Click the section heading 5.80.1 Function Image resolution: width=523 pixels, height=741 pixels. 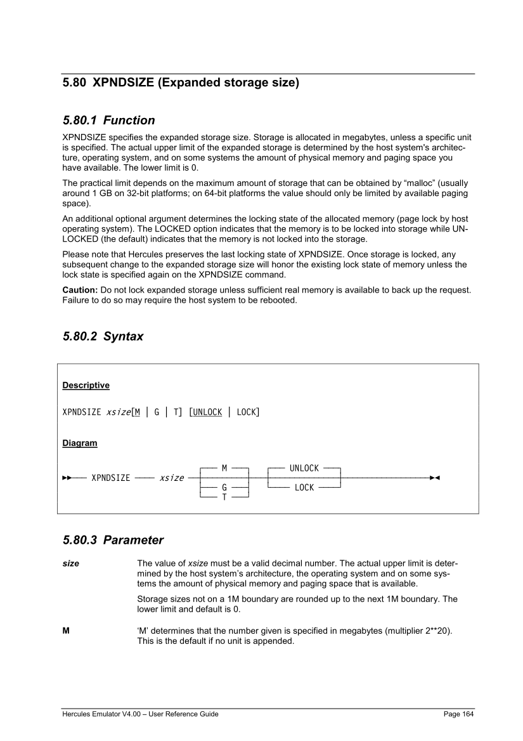pos(108,121)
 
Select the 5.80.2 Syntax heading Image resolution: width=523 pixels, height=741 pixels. pos(103,336)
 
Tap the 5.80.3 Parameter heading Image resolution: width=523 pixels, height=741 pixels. pos(113,541)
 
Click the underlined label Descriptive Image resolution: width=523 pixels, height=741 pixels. pos(86,385)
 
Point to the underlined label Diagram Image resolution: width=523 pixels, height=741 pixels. pos(80,443)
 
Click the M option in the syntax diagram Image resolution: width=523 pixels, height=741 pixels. pos(224,468)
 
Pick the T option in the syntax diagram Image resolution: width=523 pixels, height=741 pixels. pos(224,497)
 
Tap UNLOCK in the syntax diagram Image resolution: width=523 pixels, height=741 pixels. pos(304,468)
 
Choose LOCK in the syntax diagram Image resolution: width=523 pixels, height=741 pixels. pos(304,488)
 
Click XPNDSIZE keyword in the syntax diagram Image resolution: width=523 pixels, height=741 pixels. pos(111,478)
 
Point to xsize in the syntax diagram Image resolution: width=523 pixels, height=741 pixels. pos(171,478)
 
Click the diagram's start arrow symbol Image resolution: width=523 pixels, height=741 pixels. pos(67,478)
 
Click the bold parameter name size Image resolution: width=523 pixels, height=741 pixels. pos(71,563)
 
